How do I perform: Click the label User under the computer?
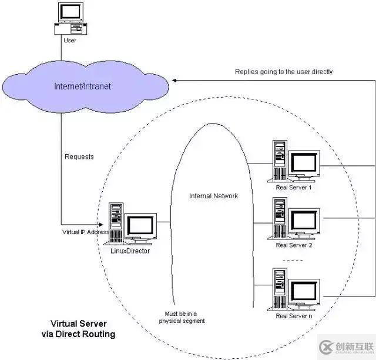point(69,41)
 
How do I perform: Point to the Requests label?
point(79,157)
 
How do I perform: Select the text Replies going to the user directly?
point(284,72)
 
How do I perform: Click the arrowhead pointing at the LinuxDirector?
point(106,224)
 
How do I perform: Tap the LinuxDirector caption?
point(130,251)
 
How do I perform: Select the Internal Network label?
point(213,196)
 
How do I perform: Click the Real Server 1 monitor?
point(304,163)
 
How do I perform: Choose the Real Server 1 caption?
point(294,188)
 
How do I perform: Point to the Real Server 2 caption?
point(294,245)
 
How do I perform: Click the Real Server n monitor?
point(304,292)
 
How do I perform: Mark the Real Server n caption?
point(294,316)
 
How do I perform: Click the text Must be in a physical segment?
point(183,318)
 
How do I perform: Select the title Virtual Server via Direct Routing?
point(83,329)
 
